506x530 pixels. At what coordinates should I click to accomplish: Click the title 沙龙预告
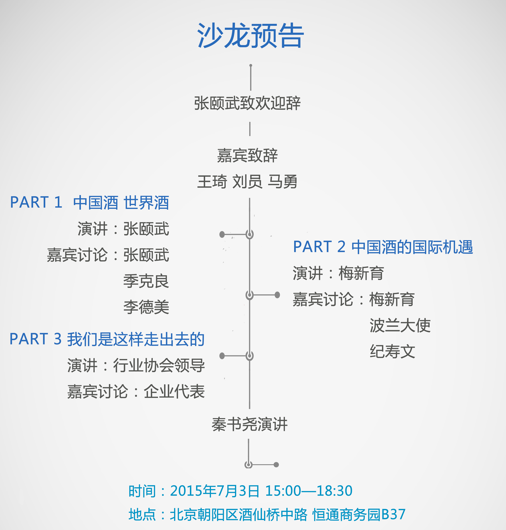click(x=250, y=35)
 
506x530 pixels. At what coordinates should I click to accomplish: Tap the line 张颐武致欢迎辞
click(x=247, y=103)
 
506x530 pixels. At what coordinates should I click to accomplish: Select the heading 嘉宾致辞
click(x=247, y=156)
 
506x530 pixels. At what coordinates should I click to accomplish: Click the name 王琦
click(x=212, y=182)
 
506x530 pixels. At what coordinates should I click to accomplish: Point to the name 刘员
click(x=247, y=182)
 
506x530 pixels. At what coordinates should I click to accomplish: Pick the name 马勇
click(x=282, y=182)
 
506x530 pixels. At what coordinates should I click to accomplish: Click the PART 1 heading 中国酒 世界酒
click(x=121, y=203)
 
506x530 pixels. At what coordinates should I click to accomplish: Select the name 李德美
click(x=146, y=307)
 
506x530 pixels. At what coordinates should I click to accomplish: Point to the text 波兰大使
click(x=400, y=325)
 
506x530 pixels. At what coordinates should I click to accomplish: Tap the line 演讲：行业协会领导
click(x=136, y=365)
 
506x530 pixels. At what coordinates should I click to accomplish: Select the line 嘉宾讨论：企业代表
click(x=136, y=392)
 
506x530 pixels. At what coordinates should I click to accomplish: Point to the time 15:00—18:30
click(x=309, y=491)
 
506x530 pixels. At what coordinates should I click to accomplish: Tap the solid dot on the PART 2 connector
click(x=277, y=295)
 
